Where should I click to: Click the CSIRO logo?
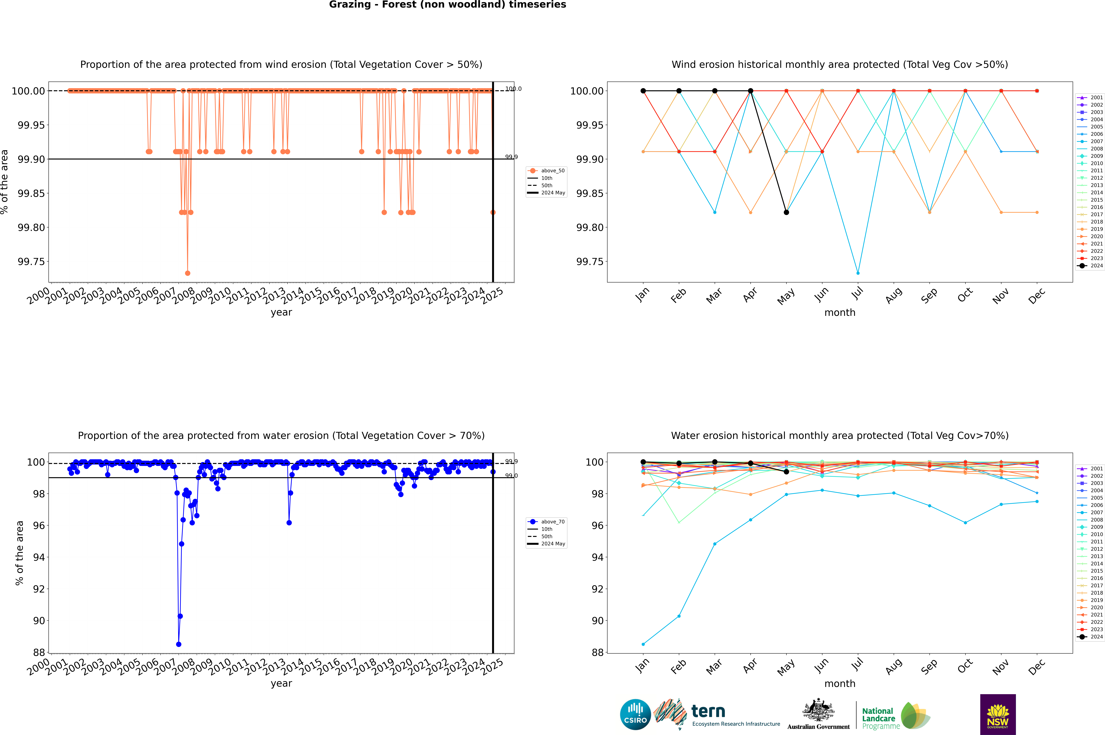click(635, 714)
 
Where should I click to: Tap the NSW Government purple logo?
click(998, 714)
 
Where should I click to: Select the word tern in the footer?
click(708, 712)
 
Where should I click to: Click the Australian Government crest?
click(818, 712)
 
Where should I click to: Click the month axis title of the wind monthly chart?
click(840, 313)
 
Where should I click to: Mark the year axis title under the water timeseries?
click(281, 683)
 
